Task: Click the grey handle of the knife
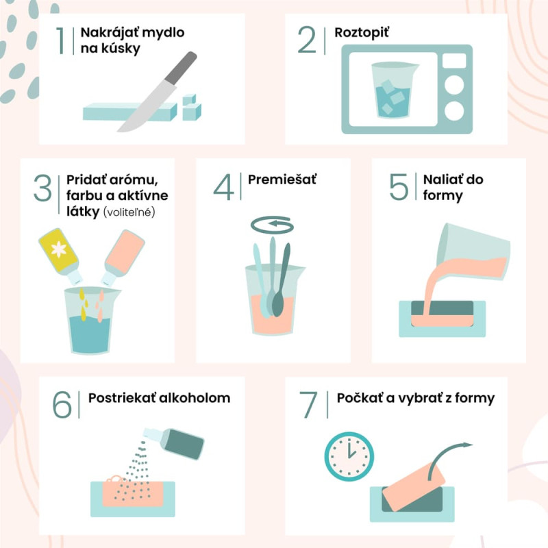click(181, 68)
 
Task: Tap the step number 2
click(307, 40)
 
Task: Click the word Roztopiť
click(362, 32)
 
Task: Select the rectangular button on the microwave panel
click(454, 61)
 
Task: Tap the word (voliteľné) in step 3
click(129, 212)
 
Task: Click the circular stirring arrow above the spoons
click(272, 225)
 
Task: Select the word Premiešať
click(282, 179)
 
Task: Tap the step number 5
click(399, 187)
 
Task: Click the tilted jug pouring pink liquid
click(473, 253)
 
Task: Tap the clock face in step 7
click(349, 456)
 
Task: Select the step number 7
click(308, 405)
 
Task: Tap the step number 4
click(224, 187)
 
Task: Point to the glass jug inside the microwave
click(394, 90)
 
